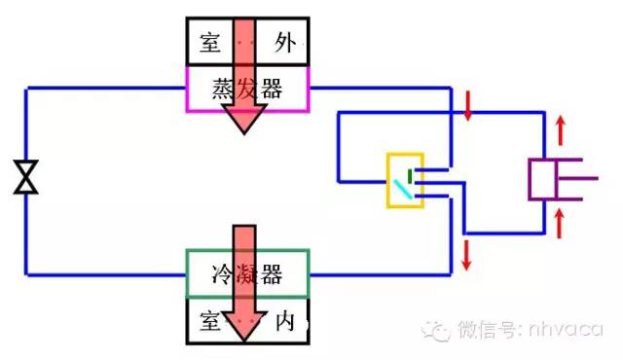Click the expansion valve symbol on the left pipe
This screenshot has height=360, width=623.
point(26,177)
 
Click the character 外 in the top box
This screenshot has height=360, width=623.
point(284,42)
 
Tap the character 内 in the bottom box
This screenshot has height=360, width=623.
point(284,321)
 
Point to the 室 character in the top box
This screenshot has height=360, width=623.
point(208,42)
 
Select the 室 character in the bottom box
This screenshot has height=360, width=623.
point(208,321)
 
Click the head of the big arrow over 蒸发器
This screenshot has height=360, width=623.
point(243,121)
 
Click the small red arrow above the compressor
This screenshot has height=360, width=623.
point(560,128)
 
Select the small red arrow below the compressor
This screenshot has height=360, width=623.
point(560,222)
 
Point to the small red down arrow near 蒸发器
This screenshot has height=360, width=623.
point(468,107)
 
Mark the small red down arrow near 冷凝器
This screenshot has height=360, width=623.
point(468,254)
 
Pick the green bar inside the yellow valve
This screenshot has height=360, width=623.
point(410,175)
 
